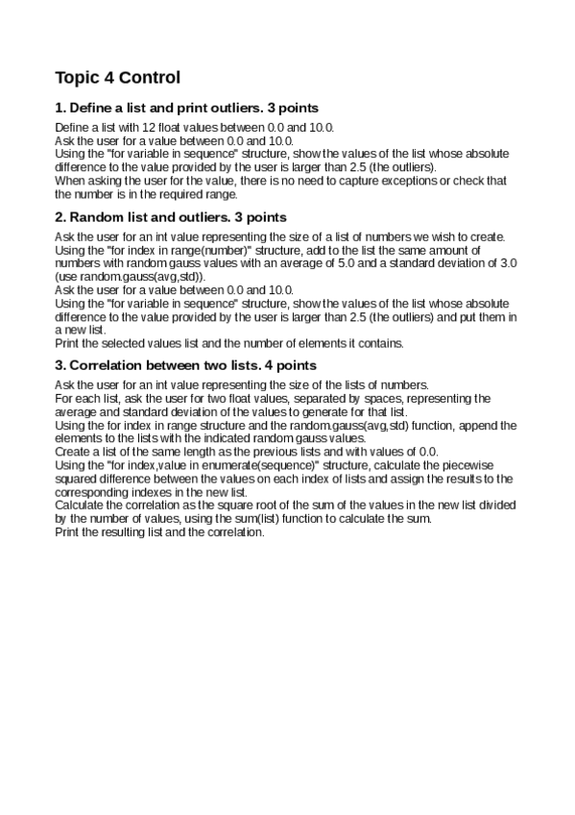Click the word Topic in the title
(78, 77)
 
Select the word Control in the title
(147, 77)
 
